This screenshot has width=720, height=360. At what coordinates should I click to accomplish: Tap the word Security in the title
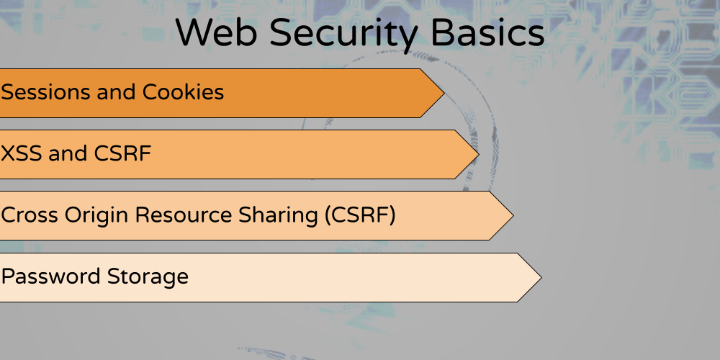(343, 35)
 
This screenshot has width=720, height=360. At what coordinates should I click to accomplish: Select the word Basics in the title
(487, 32)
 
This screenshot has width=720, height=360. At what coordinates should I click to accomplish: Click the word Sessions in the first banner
(46, 92)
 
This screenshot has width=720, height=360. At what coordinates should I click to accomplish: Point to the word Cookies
(183, 92)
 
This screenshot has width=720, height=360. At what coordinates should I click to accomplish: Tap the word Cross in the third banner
(30, 215)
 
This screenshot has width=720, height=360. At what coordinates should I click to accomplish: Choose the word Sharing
(278, 216)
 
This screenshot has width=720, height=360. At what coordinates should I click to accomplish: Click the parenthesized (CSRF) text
(360, 215)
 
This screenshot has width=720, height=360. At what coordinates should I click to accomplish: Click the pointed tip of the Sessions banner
(444, 93)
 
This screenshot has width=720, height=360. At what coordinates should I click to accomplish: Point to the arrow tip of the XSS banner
(479, 154)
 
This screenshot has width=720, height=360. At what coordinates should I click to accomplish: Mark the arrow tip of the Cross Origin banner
(513, 215)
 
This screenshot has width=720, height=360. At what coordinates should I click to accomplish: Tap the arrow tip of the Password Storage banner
(541, 277)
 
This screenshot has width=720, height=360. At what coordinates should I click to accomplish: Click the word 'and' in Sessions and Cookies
(117, 92)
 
